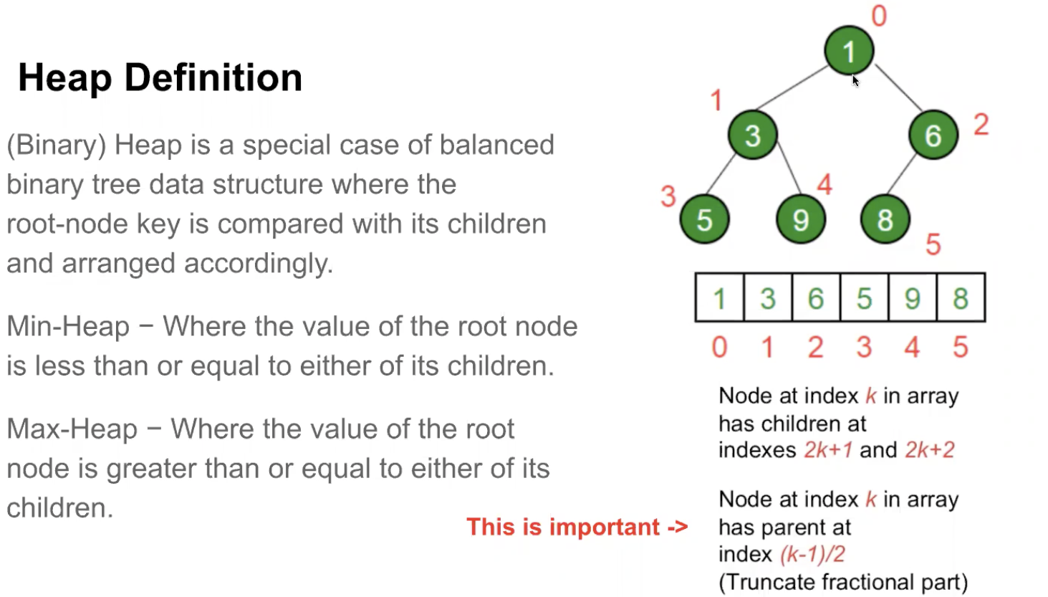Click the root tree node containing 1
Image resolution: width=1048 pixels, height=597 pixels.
849,51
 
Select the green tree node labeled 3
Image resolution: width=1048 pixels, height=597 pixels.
752,135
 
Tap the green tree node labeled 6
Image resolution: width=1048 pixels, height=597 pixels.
933,135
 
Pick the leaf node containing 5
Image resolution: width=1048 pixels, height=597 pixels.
704,219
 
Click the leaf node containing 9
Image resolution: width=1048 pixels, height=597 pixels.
801,219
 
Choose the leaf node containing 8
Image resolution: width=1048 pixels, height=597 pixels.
885,219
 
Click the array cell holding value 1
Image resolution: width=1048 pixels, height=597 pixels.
720,297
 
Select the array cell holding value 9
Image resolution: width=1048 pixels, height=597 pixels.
912,297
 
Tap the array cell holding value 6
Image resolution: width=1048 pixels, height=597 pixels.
816,297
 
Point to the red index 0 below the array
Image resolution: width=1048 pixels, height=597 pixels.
719,348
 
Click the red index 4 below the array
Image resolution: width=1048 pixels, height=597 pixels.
912,348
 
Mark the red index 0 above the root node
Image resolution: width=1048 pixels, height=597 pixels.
879,16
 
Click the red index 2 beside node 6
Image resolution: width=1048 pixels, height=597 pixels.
981,125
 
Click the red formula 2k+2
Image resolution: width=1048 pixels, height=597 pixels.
930,450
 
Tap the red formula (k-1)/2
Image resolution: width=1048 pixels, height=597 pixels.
812,554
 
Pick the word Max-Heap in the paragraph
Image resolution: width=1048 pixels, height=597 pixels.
72,429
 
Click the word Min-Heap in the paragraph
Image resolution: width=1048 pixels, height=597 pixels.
68,327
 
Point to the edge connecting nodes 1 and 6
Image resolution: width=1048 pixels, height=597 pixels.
898,87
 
